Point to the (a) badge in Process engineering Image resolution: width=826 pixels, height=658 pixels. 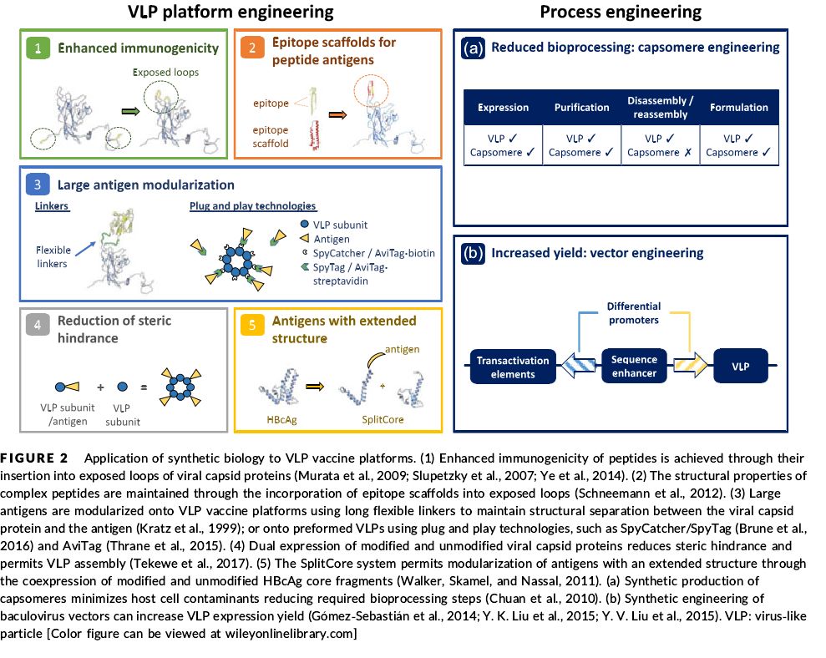tap(473, 48)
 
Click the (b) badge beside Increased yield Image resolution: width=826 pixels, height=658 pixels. tap(473, 252)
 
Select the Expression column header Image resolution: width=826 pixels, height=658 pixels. tap(503, 108)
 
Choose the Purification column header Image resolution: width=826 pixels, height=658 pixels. tap(580, 108)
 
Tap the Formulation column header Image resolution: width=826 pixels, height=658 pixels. tap(738, 108)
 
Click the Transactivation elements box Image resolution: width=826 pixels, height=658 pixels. tap(513, 367)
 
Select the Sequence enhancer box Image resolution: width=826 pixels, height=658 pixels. tap(634, 367)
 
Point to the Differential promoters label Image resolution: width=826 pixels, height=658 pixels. tap(634, 312)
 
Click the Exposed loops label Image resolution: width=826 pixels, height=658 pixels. tap(166, 73)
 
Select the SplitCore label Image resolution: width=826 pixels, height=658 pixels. tap(383, 419)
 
